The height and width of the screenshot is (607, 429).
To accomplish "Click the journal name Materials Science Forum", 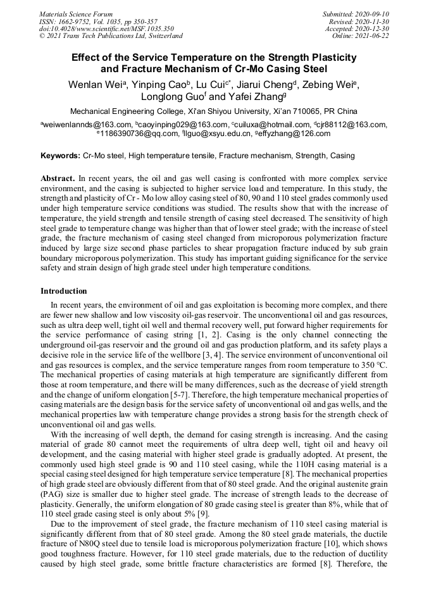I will (76, 13).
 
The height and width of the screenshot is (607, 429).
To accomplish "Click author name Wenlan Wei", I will (96, 84).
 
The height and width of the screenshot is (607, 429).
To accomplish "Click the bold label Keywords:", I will (60, 155).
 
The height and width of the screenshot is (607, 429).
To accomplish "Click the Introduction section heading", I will (64, 291).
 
